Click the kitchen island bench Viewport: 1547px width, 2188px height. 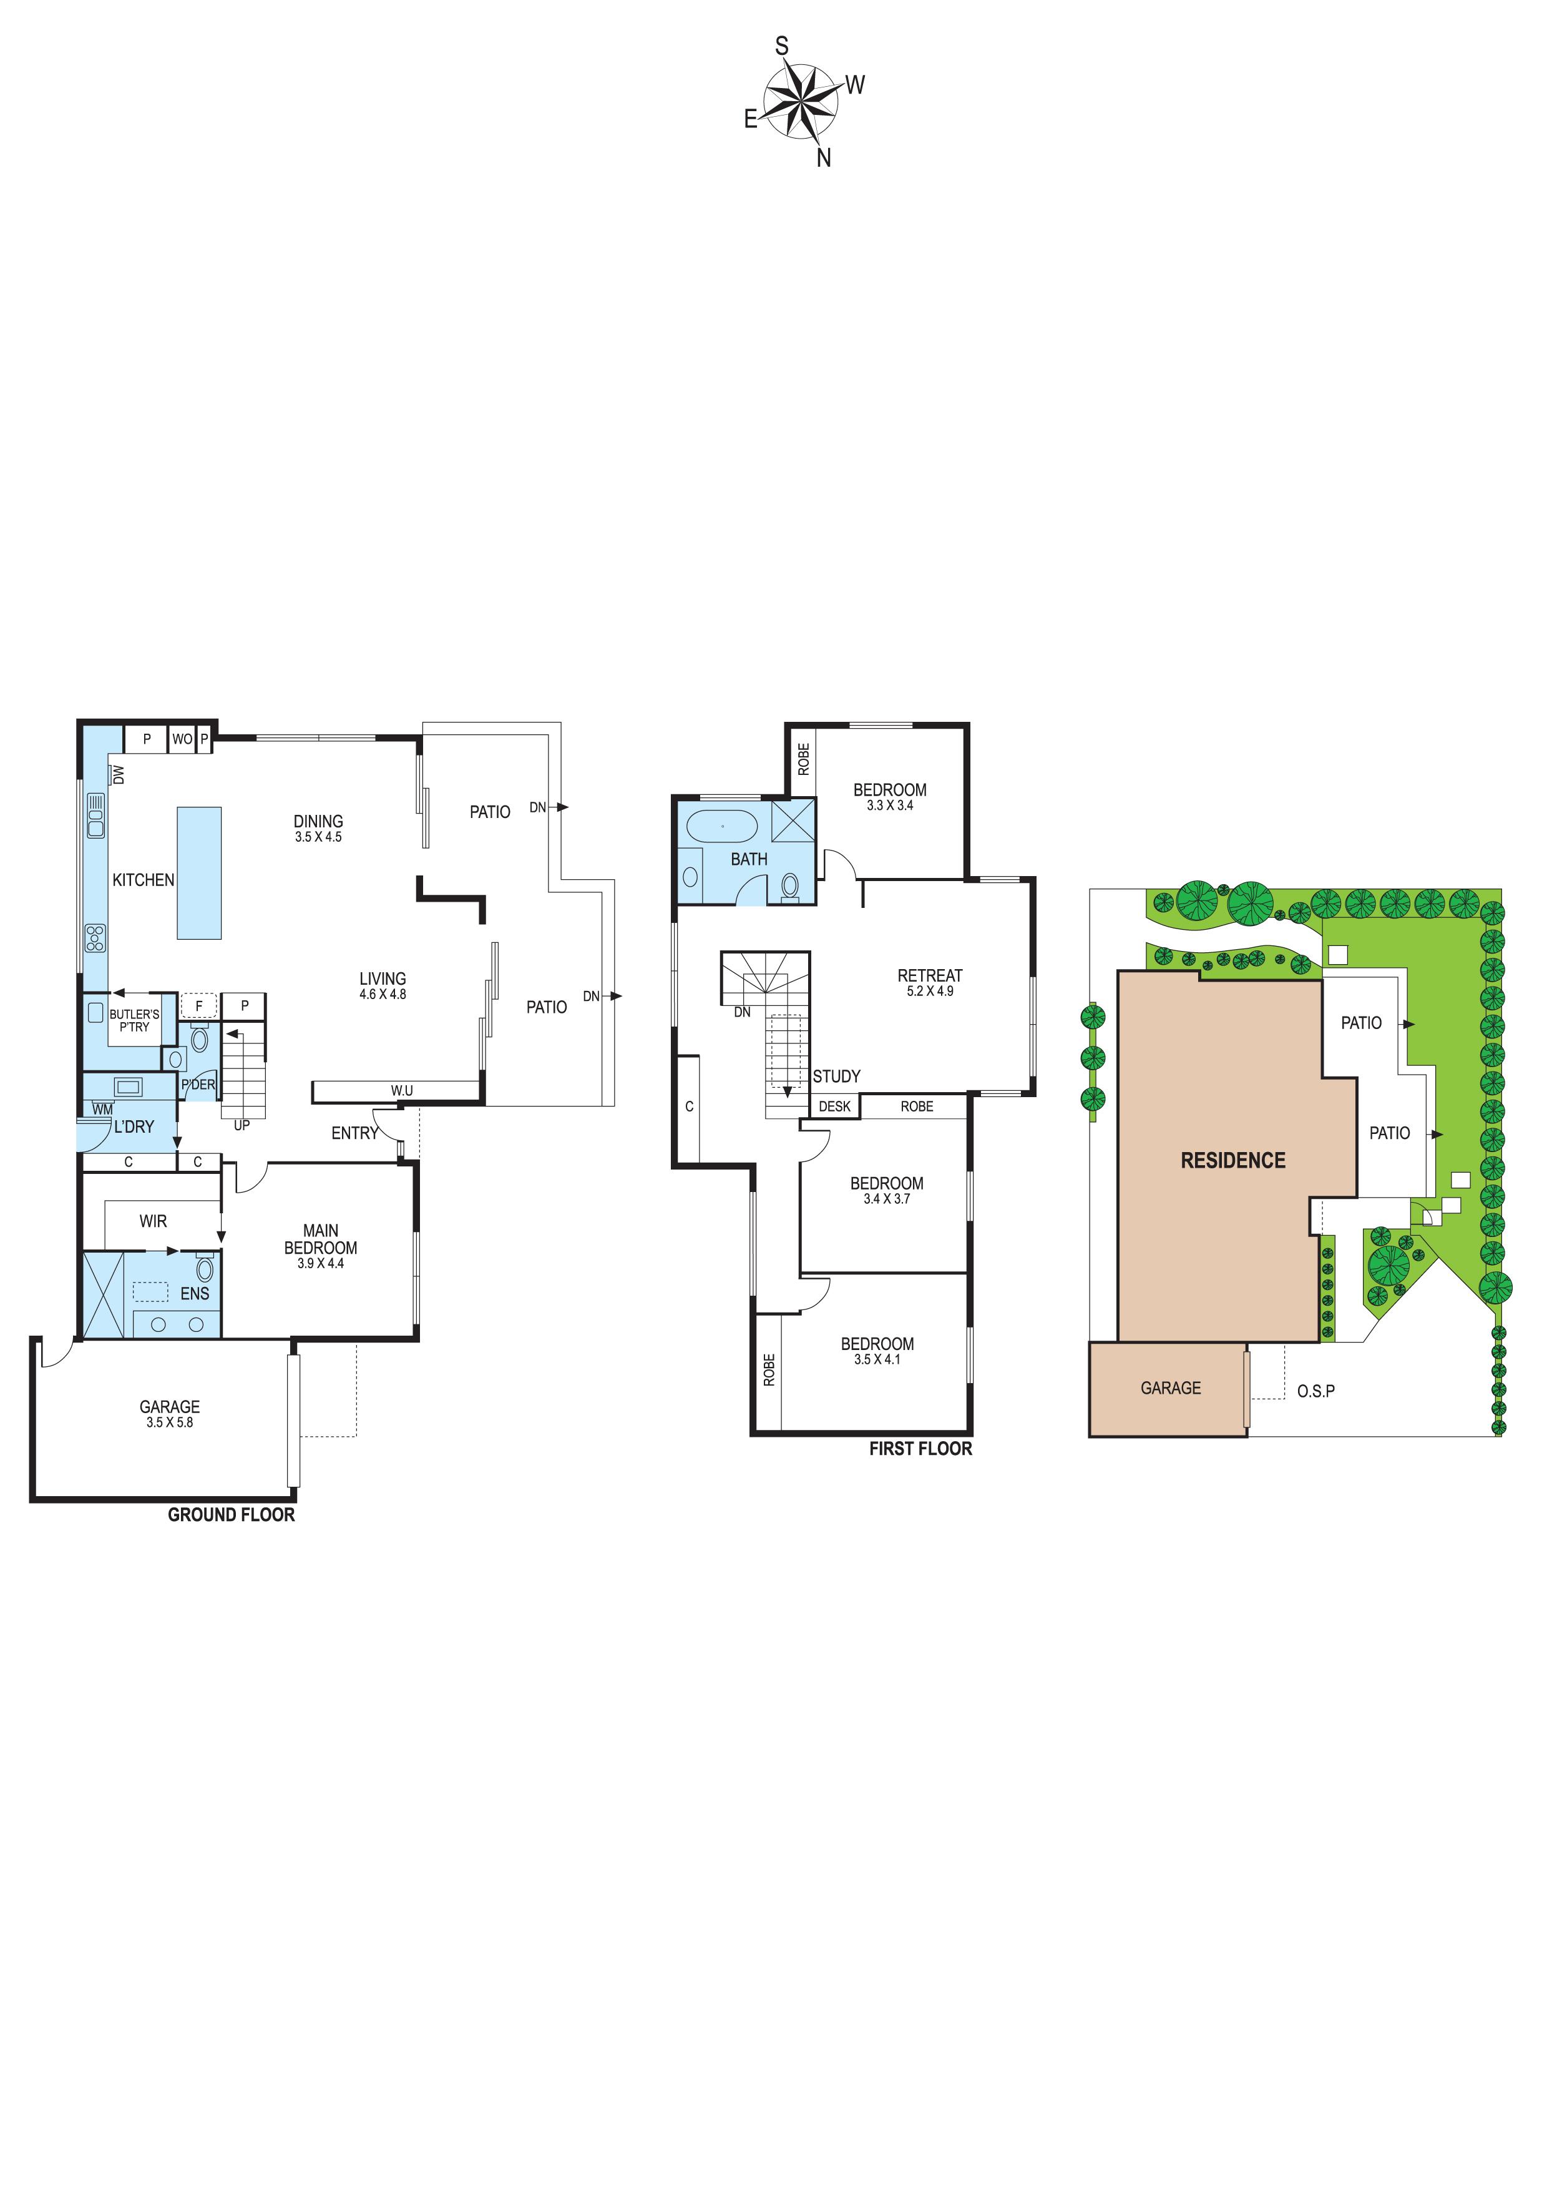(199, 873)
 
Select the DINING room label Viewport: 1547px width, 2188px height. (318, 822)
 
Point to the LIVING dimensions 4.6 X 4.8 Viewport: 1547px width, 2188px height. (383, 994)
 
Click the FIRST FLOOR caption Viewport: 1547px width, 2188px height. (920, 1449)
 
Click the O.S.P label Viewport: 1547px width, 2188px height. (1315, 1391)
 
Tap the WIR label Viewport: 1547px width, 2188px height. (154, 1221)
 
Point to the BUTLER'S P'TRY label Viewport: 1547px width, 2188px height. (134, 1020)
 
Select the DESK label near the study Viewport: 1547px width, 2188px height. (834, 1106)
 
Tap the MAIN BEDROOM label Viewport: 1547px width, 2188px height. (321, 1239)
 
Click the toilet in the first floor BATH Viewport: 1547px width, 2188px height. (789, 885)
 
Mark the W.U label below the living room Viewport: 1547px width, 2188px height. (402, 1090)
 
